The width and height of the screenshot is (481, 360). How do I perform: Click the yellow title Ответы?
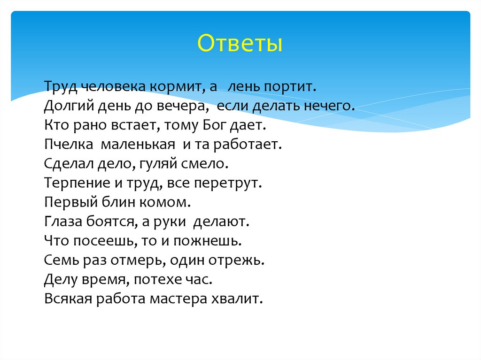point(240,44)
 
